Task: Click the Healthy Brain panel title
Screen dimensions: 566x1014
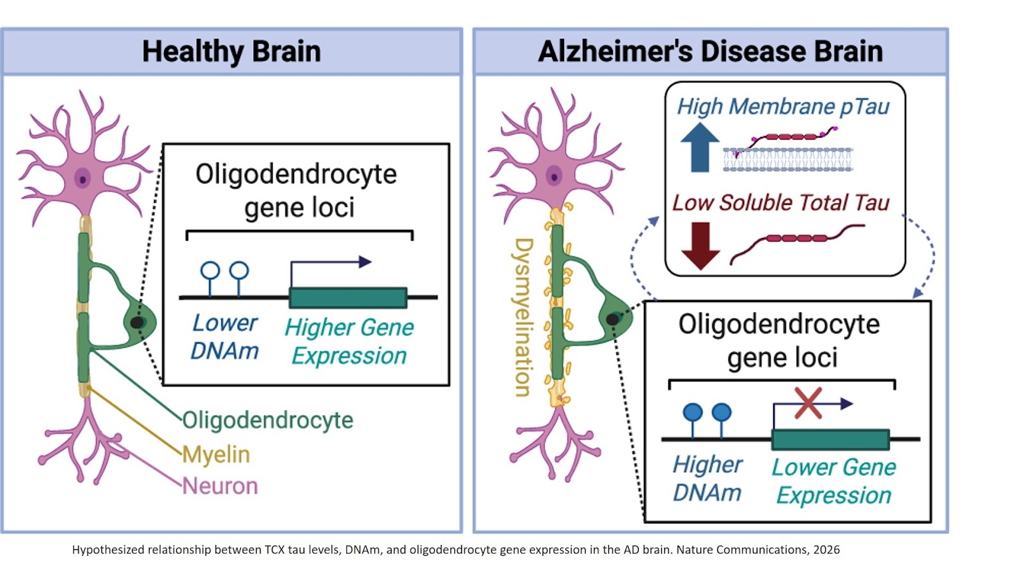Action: point(231,51)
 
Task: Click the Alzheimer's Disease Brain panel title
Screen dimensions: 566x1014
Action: point(710,51)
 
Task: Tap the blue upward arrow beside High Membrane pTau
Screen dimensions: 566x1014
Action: point(699,147)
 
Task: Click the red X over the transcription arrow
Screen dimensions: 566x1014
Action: point(808,404)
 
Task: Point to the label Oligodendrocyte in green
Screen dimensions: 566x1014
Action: point(267,420)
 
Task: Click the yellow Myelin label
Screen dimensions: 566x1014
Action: point(216,454)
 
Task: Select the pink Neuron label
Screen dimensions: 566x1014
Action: point(220,486)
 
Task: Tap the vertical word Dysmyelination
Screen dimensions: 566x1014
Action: point(523,317)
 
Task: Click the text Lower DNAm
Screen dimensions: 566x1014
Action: point(225,337)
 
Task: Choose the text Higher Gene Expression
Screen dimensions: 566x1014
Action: point(349,341)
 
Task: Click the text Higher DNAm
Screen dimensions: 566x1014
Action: point(707,478)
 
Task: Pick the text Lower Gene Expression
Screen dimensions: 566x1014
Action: point(833,481)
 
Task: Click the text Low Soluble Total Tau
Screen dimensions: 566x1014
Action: point(781,202)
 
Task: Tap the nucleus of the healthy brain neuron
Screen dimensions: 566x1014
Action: point(82,179)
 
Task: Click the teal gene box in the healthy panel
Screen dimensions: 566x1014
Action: point(348,298)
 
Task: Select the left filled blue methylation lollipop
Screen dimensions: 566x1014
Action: point(693,414)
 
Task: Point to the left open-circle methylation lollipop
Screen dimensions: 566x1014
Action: point(210,272)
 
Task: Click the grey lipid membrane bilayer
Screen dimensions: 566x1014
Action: point(788,160)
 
